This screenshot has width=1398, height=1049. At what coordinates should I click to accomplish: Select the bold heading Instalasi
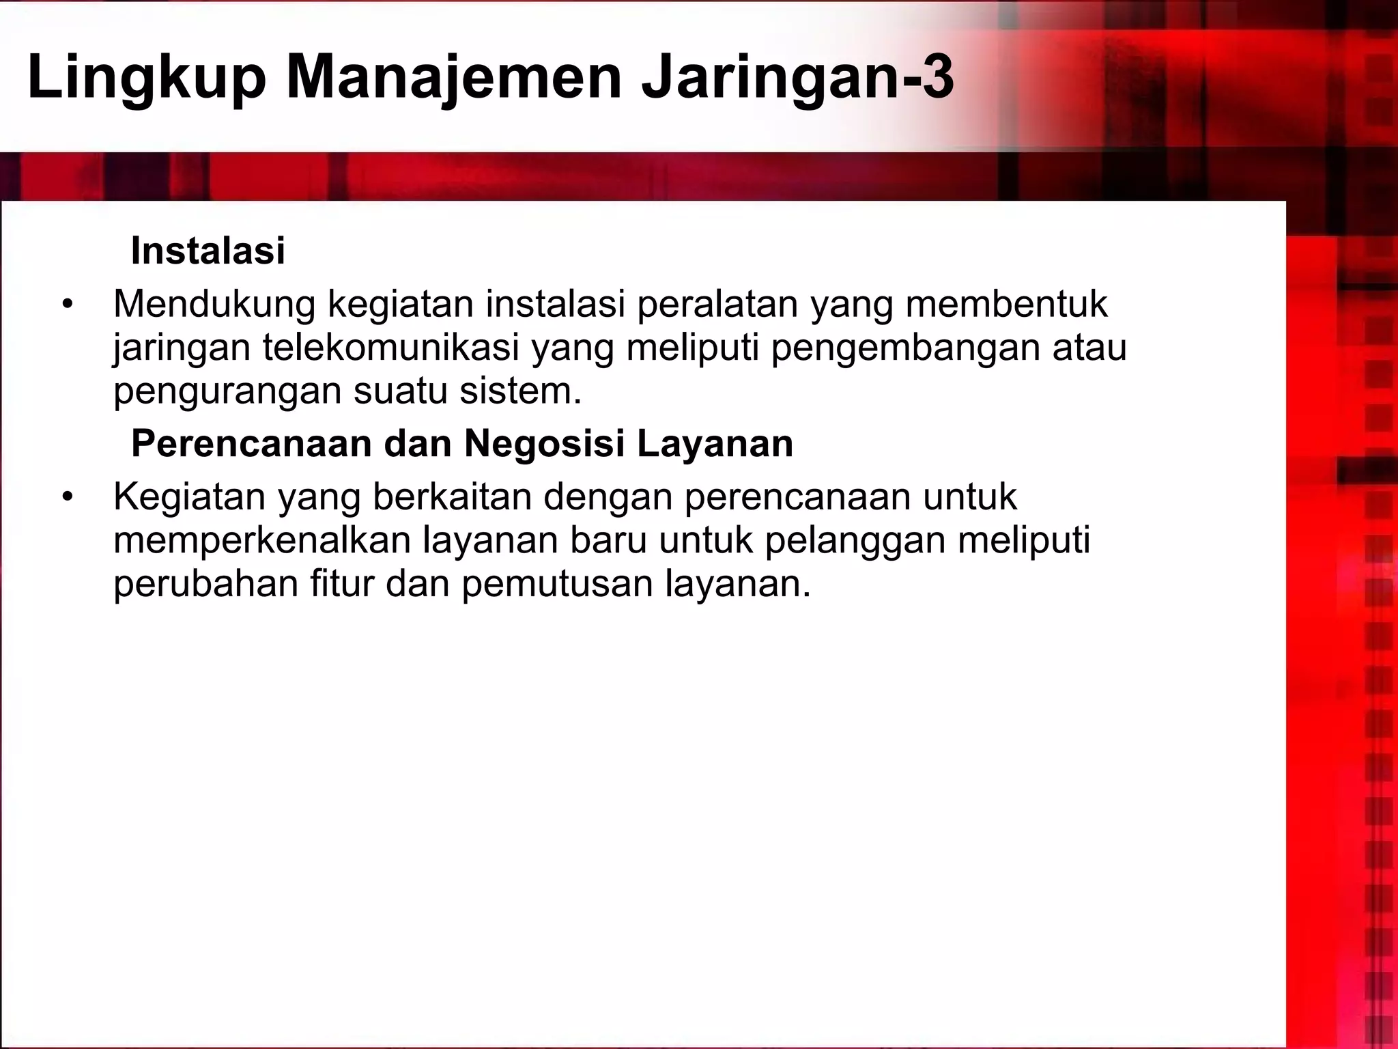(208, 251)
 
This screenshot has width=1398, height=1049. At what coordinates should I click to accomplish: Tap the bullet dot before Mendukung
(66, 305)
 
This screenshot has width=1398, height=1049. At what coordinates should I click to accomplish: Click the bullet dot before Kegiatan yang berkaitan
(66, 497)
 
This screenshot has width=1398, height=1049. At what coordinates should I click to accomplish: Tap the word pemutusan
(557, 584)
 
